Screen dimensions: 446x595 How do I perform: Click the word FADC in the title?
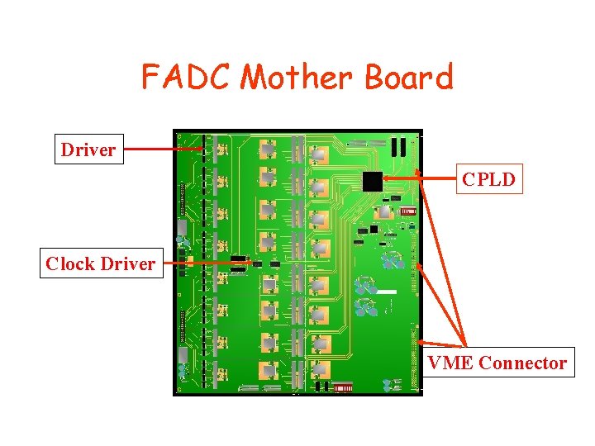click(187, 77)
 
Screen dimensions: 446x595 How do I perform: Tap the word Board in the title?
click(409, 77)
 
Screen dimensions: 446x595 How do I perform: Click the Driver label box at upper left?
click(88, 149)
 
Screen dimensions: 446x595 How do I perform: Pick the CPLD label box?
click(489, 179)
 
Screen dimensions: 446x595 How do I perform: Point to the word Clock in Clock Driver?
click(69, 263)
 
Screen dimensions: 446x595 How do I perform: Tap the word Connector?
click(522, 363)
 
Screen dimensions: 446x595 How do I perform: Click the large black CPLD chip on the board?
click(374, 182)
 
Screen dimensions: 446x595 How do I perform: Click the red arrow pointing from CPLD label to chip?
click(421, 178)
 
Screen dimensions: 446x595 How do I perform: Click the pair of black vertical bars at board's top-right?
click(399, 146)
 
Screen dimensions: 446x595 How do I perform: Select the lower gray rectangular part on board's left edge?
click(182, 355)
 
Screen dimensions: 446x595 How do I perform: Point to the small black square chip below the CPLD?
click(374, 228)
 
